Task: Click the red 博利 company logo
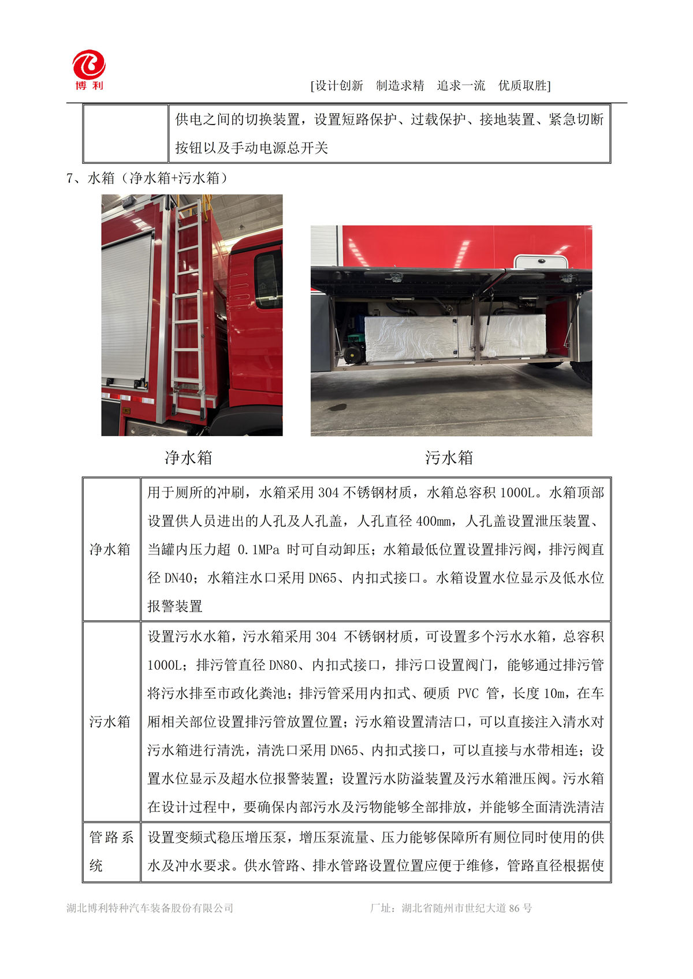click(88, 69)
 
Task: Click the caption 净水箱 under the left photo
click(189, 458)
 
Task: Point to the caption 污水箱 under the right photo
click(449, 458)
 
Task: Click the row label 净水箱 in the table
click(110, 549)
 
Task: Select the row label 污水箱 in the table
click(110, 722)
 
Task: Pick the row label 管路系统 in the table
click(111, 852)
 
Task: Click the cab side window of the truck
click(267, 280)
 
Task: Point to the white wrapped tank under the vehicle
click(455, 337)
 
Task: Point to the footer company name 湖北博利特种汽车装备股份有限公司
click(150, 908)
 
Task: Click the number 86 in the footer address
click(512, 908)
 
